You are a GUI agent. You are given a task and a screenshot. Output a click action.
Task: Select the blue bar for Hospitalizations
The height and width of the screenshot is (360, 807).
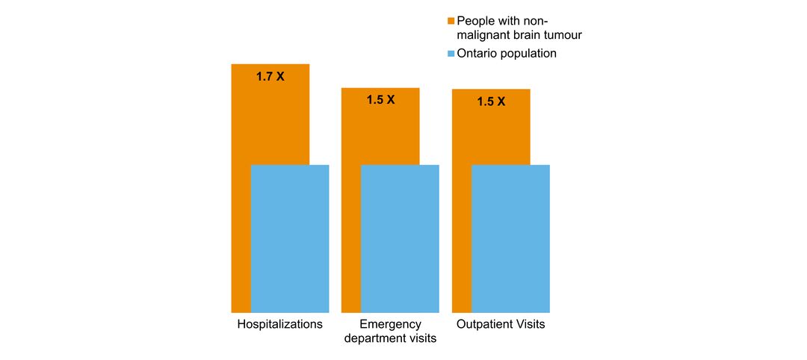click(x=290, y=238)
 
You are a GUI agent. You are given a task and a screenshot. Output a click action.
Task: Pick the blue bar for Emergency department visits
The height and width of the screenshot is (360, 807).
click(x=400, y=238)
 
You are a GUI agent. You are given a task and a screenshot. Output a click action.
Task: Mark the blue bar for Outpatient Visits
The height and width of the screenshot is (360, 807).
click(x=510, y=238)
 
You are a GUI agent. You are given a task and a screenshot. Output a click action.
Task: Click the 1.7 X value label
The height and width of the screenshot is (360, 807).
click(x=270, y=77)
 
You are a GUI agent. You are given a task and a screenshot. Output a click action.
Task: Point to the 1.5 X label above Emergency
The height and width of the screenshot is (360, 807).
click(x=380, y=99)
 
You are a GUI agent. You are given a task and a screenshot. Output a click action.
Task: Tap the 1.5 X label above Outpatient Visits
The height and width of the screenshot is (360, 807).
click(x=491, y=102)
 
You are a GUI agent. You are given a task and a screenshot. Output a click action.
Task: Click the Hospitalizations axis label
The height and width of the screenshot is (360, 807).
click(x=279, y=324)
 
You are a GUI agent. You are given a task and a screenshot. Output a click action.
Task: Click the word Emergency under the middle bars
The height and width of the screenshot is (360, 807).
click(x=390, y=324)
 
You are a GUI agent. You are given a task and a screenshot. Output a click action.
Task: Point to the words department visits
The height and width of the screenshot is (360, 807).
click(x=390, y=338)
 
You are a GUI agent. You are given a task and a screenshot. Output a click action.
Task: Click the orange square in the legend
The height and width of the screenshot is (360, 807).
click(x=451, y=20)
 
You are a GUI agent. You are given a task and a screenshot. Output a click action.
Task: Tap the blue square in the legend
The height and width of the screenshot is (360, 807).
click(x=451, y=54)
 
